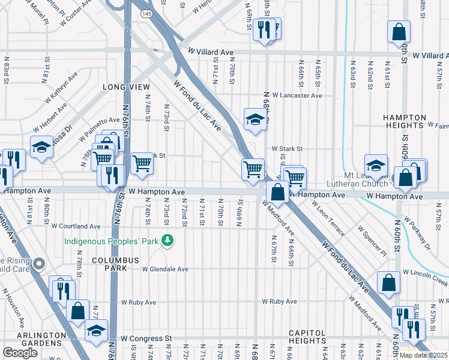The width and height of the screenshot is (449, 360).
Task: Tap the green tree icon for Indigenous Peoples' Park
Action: pos(168,241)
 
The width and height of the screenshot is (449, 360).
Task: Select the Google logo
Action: pos(20,353)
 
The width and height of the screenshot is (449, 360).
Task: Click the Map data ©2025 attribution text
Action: pos(423,355)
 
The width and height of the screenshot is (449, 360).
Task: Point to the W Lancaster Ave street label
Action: pos(297,95)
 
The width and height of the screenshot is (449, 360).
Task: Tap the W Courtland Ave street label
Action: pos(76,226)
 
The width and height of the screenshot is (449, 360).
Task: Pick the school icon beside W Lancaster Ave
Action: pos(255,119)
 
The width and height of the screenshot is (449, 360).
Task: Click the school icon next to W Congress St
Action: pos(96,331)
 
